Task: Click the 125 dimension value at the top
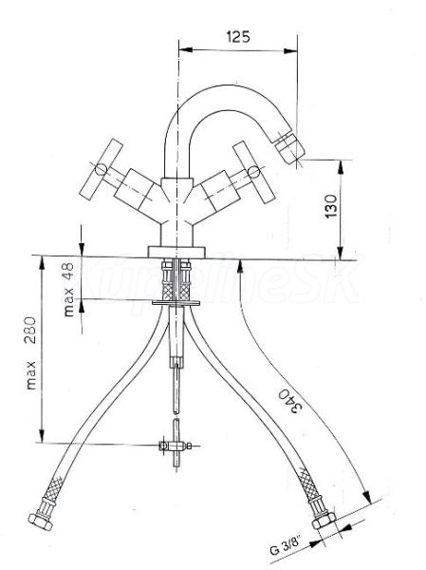click(238, 36)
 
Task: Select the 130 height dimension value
click(331, 206)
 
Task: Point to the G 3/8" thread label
click(286, 547)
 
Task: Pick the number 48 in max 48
click(67, 272)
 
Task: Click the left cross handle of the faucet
click(102, 170)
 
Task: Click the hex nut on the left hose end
click(40, 522)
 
